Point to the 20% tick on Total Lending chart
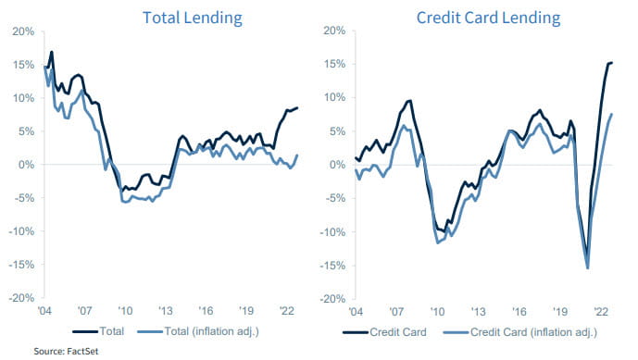pyautogui.click(x=22, y=31)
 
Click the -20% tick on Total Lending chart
pyautogui.click(x=20, y=299)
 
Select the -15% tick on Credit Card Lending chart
pyautogui.click(x=332, y=266)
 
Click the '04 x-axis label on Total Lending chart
pyautogui.click(x=45, y=311)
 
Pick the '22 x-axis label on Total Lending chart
pyautogui.click(x=287, y=311)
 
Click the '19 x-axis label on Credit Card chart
pyautogui.click(x=558, y=311)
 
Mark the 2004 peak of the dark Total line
pyautogui.click(x=52, y=52)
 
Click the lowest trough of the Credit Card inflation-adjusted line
pyautogui.click(x=587, y=268)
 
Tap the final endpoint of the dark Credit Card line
pyautogui.click(x=612, y=63)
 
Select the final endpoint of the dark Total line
pyautogui.click(x=297, y=107)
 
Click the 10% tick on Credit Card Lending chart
pyautogui.click(x=334, y=97)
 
